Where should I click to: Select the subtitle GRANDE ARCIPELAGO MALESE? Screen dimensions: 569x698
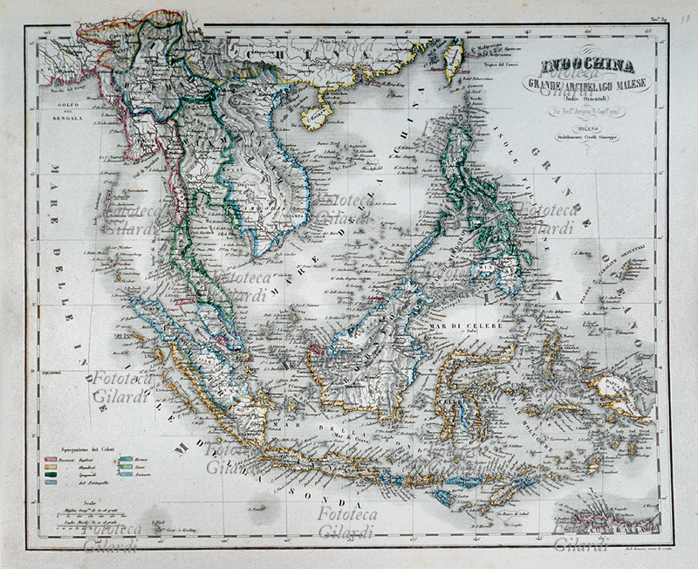pos(586,84)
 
